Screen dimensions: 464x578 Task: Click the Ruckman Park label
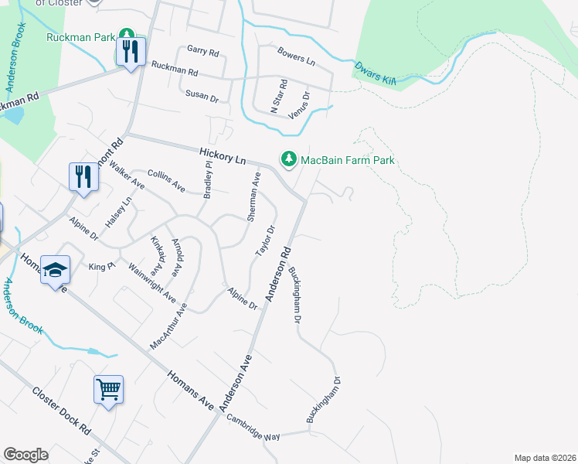[x=80, y=36]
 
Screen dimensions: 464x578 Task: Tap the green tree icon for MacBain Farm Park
[x=289, y=159]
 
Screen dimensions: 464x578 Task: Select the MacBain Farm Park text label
[x=347, y=160]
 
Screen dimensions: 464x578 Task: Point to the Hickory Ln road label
[x=222, y=155]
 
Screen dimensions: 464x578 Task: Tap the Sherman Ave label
[x=253, y=197]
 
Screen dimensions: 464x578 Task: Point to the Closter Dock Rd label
[x=62, y=410]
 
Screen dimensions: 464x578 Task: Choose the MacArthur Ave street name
[x=169, y=326]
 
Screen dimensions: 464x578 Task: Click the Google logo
[x=25, y=455]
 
